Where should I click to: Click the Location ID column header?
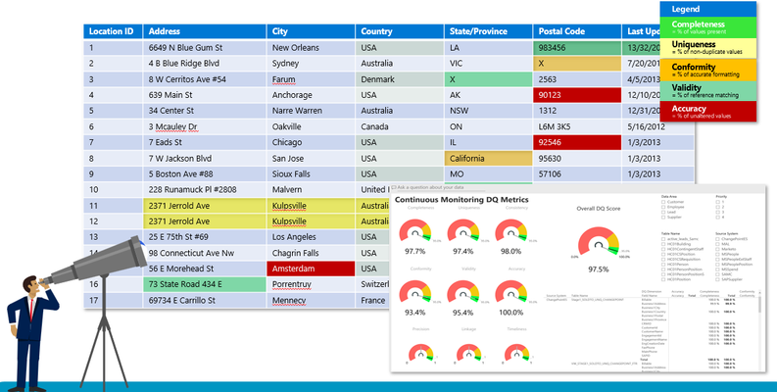point(110,31)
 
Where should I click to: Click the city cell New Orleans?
point(295,47)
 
